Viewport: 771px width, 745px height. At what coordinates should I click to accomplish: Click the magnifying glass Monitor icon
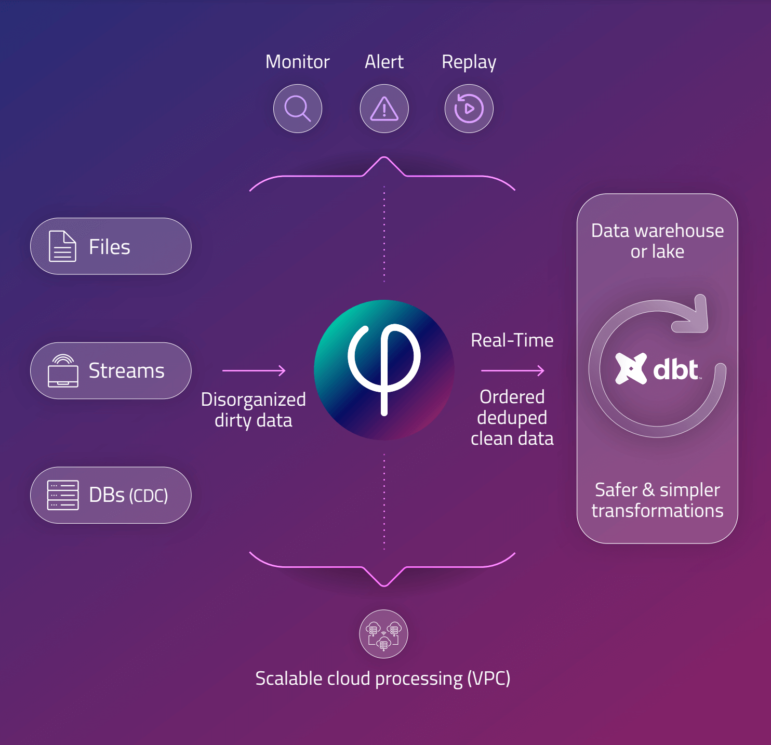(298, 108)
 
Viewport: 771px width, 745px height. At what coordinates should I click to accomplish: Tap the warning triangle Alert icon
(384, 108)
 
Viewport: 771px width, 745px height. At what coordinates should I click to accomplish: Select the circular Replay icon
(469, 108)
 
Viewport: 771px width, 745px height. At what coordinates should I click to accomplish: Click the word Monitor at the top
(297, 62)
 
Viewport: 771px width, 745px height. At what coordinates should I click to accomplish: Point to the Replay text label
(469, 63)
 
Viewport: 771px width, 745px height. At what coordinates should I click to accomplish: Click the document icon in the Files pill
(62, 246)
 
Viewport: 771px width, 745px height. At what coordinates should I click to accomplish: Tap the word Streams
(126, 370)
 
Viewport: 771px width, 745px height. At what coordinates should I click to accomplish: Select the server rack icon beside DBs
(62, 495)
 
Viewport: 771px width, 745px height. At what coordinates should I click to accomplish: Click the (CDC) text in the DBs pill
(149, 496)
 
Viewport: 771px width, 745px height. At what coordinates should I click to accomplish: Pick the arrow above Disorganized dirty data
(254, 370)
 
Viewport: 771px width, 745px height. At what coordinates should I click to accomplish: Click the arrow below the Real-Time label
(513, 370)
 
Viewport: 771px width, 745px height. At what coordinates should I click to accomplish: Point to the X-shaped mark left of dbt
(631, 368)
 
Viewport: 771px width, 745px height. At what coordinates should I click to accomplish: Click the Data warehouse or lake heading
(657, 241)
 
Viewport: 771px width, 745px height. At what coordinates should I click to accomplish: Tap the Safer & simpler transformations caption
(657, 500)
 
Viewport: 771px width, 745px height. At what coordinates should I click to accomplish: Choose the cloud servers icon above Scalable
(383, 634)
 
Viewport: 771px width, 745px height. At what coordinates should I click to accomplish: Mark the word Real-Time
(512, 340)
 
